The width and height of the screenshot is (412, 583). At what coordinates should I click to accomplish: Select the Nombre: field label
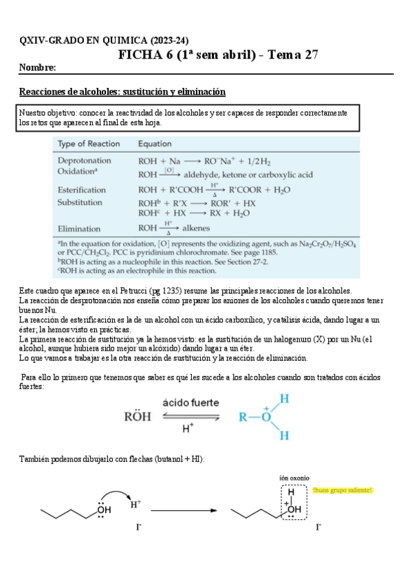37,68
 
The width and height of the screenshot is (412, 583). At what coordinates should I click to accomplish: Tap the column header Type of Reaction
89,144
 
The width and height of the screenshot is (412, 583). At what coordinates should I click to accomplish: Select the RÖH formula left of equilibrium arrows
138,416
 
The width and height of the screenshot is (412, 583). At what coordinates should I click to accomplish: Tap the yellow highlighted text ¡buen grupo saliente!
343,490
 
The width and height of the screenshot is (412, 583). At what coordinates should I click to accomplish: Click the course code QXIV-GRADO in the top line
54,41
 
